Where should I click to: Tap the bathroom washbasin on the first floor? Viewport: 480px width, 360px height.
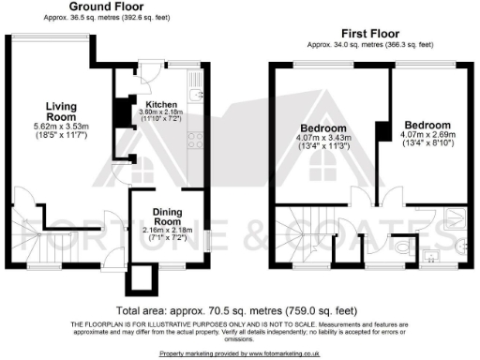(x=433, y=255)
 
